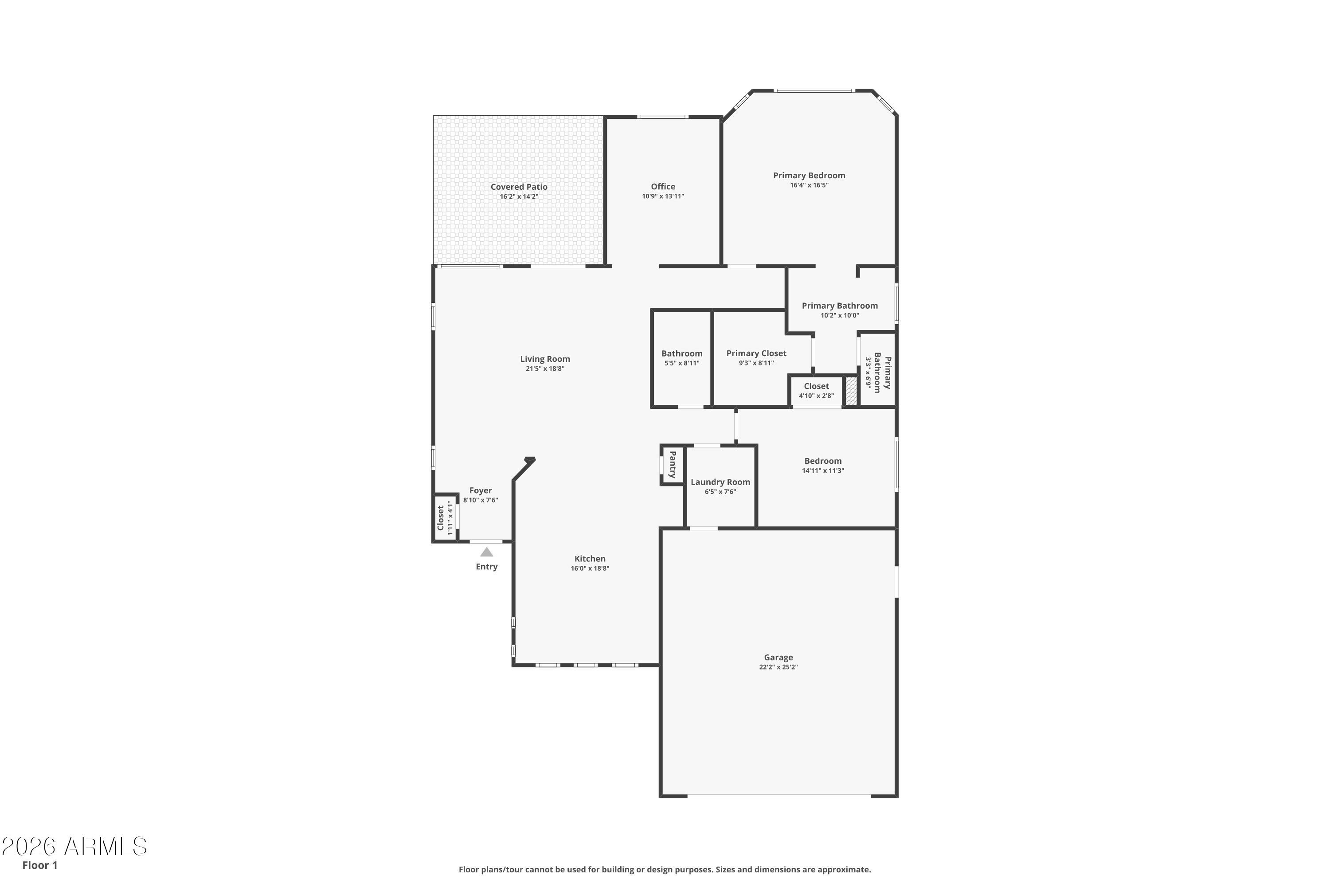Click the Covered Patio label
[519, 187]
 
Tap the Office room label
[663, 186]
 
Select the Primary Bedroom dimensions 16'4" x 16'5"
[809, 185]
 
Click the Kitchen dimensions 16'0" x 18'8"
[590, 568]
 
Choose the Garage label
[778, 657]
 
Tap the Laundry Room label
[720, 482]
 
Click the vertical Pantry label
[673, 464]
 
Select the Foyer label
[481, 491]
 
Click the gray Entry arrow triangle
[486, 552]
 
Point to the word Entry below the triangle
[486, 566]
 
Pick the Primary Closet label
[756, 353]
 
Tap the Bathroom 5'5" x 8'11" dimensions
[682, 363]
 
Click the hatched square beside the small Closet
[850, 391]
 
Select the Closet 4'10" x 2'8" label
[816, 390]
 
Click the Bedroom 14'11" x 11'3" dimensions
[823, 470]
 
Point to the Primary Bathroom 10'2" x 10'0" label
[840, 310]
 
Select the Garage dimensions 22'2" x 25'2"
[778, 667]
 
